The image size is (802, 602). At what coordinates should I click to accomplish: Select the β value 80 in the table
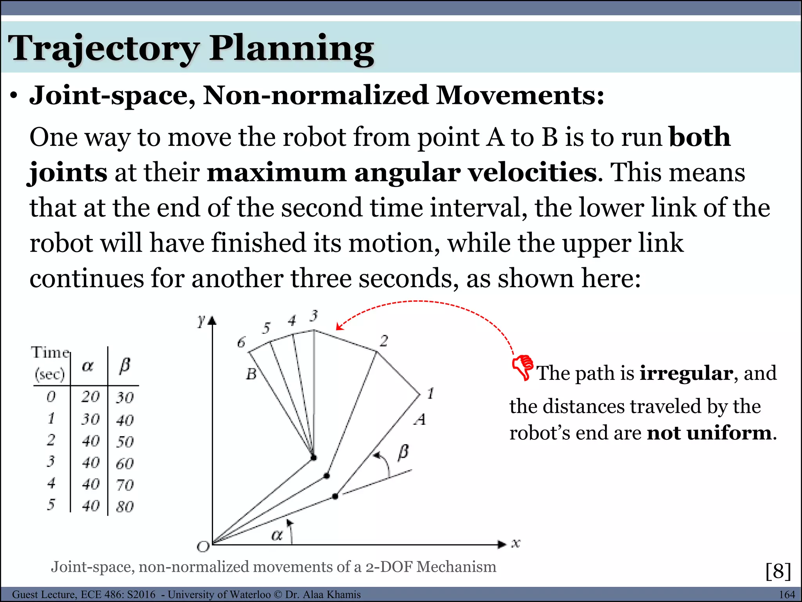125,507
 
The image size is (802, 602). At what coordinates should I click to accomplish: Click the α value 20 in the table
90,397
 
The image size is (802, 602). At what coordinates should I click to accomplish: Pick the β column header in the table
125,366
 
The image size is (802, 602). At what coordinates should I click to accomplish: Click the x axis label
516,543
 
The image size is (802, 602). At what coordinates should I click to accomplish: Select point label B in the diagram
251,374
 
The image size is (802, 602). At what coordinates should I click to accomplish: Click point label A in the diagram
420,419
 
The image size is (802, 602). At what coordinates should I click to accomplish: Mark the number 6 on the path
241,343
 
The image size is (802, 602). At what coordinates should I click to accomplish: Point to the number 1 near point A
430,393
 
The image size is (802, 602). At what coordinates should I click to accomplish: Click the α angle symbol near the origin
276,535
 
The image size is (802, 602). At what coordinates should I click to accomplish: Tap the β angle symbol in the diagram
403,452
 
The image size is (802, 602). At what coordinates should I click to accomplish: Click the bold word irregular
686,373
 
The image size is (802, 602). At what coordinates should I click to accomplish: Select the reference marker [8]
778,571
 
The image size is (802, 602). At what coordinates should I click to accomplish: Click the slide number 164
787,595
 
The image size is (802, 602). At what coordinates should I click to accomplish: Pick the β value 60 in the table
125,464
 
